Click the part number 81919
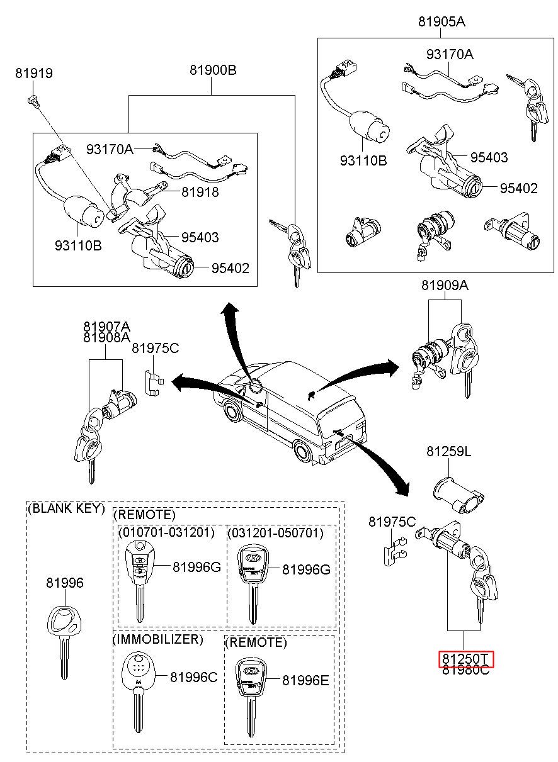pos(34,74)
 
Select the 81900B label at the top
pos(213,70)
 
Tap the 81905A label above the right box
pos(441,22)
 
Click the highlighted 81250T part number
pos(466,659)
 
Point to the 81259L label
pos(448,451)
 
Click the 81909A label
pos(445,286)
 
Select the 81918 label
pos(200,193)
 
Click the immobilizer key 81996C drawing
pos(137,686)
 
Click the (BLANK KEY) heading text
pos(67,509)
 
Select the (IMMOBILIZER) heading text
pos(157,640)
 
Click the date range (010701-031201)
pos(166,533)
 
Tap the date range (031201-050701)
pos(275,533)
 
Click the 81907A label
pos(106,327)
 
